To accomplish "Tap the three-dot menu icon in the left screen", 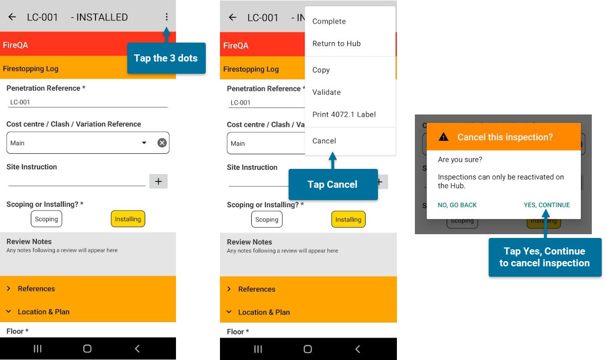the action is [x=167, y=17].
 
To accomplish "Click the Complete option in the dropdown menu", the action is [x=329, y=21].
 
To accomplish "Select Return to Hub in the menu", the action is [x=336, y=44].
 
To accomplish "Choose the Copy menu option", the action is [x=321, y=70].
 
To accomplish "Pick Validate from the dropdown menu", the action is [x=326, y=92].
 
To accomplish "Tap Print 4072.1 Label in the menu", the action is [x=344, y=114].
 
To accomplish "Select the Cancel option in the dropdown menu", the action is [x=324, y=141].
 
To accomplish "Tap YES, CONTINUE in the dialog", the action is [x=546, y=205].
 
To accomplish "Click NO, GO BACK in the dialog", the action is [x=457, y=205].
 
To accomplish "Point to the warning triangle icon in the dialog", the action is [x=443, y=137].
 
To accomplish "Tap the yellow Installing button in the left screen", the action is [x=128, y=219].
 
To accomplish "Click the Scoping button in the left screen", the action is [x=46, y=219].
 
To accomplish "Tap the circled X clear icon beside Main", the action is [x=162, y=143].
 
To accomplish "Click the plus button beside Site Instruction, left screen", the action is [x=158, y=181].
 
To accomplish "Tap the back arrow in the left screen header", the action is [x=12, y=17].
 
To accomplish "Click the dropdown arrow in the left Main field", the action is [x=144, y=143].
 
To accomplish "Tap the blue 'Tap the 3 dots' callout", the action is [x=166, y=58].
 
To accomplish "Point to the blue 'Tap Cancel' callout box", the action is [x=333, y=184].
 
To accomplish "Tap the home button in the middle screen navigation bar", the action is [x=307, y=349].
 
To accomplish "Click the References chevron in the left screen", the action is [x=9, y=288].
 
